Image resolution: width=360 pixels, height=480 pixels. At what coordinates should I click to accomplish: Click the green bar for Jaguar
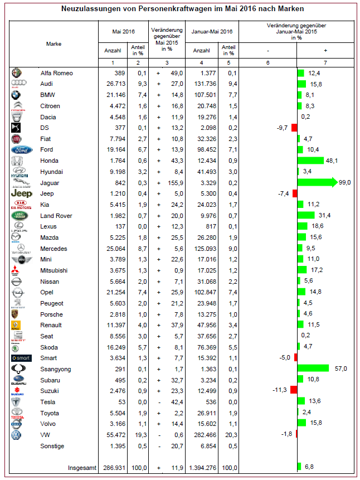click(x=317, y=182)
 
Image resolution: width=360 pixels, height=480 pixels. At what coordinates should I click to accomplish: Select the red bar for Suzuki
click(x=294, y=390)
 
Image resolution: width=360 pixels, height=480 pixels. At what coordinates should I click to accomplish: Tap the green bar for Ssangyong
click(x=314, y=369)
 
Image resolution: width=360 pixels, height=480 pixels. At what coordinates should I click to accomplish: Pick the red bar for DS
click(x=294, y=128)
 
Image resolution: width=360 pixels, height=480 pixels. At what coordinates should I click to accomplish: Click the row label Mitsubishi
click(x=55, y=270)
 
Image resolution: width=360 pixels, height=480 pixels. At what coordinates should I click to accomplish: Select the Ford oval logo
click(x=19, y=149)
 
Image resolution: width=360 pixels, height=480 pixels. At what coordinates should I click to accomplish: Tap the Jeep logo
click(x=19, y=193)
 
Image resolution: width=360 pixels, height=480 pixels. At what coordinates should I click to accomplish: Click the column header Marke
click(x=54, y=43)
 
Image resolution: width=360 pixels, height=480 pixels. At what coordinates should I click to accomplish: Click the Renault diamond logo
click(x=18, y=325)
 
